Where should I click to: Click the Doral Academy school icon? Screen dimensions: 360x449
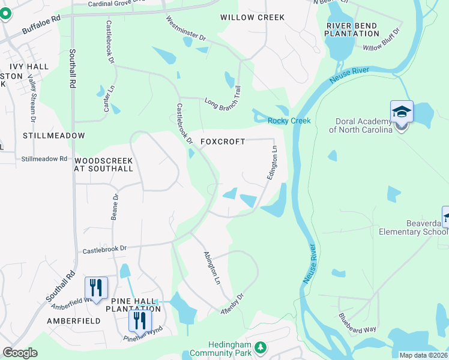tap(402, 112)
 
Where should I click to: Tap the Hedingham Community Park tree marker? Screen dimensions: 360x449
tap(261, 347)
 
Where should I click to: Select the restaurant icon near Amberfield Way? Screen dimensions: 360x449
tap(96, 289)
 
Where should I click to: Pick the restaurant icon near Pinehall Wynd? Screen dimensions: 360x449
tap(140, 321)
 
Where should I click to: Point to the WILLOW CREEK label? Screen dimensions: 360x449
tap(252, 17)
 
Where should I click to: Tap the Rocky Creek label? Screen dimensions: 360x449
tap(289, 121)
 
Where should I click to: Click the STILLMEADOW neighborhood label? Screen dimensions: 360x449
tap(53, 136)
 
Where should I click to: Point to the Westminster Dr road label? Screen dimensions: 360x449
tap(186, 28)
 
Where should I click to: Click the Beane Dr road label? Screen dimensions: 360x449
tap(114, 206)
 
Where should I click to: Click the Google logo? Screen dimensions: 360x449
tap(20, 353)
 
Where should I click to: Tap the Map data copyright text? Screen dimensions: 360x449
tap(423, 355)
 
